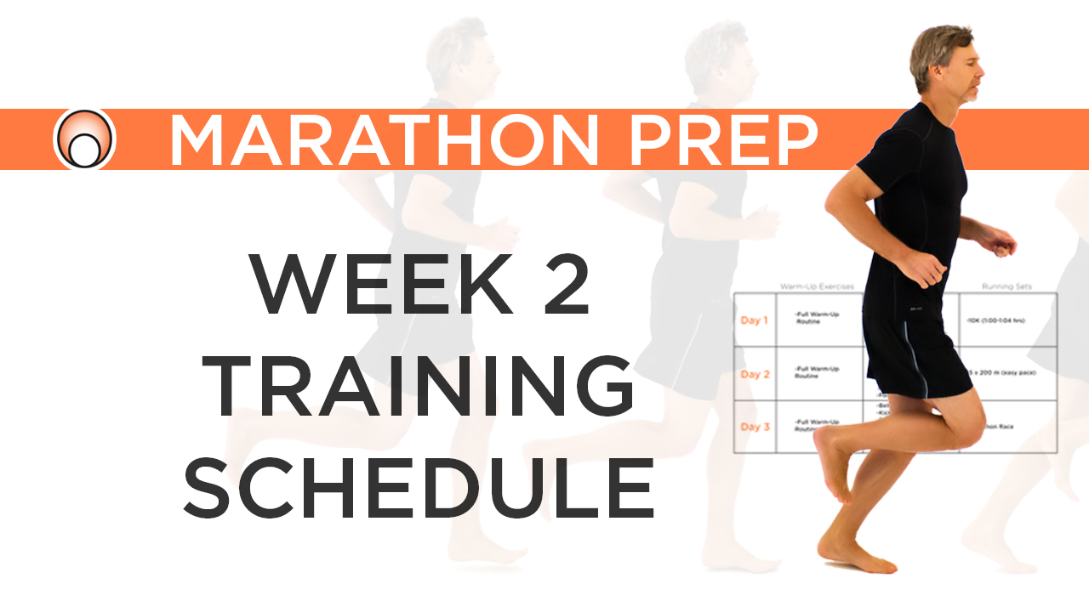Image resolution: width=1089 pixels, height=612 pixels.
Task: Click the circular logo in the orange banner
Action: pyautogui.click(x=84, y=139)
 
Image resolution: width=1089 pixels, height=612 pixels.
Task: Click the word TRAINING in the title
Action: pyautogui.click(x=420, y=387)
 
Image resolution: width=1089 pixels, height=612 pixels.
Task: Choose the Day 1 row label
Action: pyautogui.click(x=755, y=320)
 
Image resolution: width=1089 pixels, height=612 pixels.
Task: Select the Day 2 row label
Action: pyautogui.click(x=755, y=374)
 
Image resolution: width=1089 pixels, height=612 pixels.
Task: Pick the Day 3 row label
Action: pyautogui.click(x=755, y=427)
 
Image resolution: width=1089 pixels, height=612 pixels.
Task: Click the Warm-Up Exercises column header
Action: pyautogui.click(x=817, y=286)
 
